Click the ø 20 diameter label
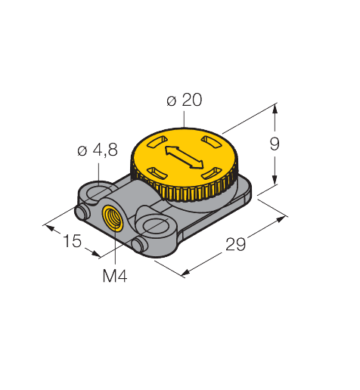click(x=185, y=100)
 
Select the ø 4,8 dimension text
click(x=98, y=150)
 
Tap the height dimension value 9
click(x=275, y=144)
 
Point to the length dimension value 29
click(x=235, y=244)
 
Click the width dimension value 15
click(x=73, y=241)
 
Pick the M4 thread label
click(x=115, y=276)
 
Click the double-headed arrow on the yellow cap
click(x=184, y=158)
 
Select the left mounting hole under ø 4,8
click(x=97, y=193)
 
